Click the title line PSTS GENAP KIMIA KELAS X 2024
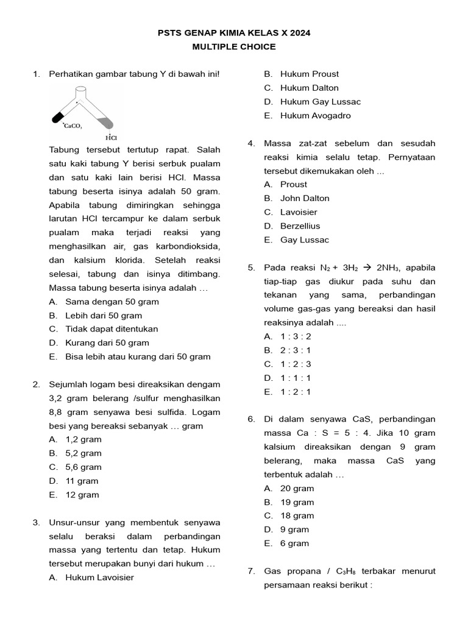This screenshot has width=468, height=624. tap(234, 33)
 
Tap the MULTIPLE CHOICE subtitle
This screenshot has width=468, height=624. tap(234, 47)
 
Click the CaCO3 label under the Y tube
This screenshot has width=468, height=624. tap(73, 126)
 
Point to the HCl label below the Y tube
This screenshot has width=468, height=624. tap(110, 137)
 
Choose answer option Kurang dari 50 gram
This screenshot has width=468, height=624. tap(107, 343)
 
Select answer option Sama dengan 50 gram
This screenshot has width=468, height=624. tap(112, 302)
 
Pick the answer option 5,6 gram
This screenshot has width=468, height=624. tap(83, 467)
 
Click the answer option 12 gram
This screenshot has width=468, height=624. tap(82, 495)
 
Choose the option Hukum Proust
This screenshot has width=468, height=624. tap(310, 74)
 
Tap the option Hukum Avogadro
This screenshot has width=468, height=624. tap(315, 116)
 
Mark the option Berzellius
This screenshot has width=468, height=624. tap(300, 226)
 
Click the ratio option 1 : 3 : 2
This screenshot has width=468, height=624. tap(296, 336)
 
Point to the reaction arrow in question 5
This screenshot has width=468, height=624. tap(367, 268)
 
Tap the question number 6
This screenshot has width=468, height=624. tap(251, 419)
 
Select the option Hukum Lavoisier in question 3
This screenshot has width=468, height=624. tap(99, 578)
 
